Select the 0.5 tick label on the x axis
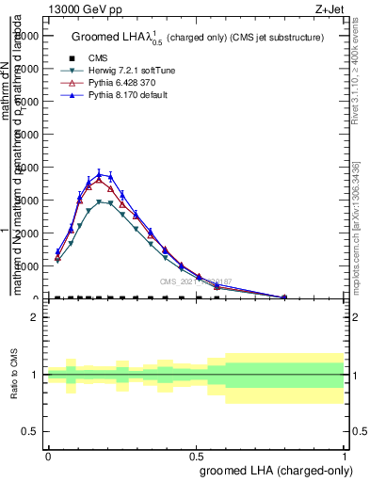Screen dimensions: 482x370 (x=197, y=456)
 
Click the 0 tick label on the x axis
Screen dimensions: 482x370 (x=47, y=456)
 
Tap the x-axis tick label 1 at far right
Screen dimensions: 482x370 (x=345, y=456)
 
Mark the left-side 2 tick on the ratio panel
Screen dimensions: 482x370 (x=33, y=317)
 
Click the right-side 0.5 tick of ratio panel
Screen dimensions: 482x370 (x=359, y=431)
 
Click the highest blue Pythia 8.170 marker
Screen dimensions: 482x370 (x=100, y=173)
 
